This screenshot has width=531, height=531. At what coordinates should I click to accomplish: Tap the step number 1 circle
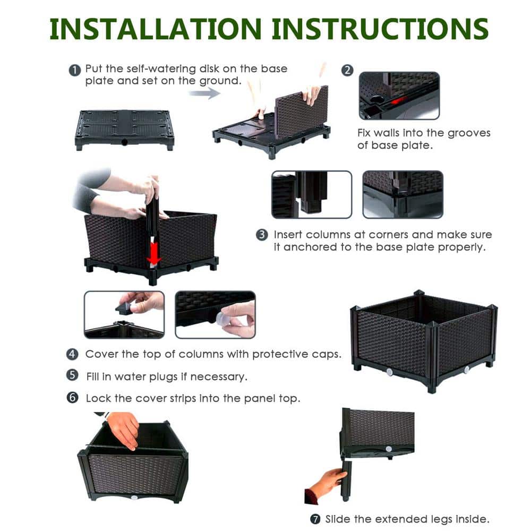pos(75,70)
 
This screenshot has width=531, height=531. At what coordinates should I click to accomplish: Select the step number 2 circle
pos(347,70)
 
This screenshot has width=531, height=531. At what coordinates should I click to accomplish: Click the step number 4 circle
pos(73,354)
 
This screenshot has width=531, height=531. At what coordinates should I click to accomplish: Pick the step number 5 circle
pos(73,375)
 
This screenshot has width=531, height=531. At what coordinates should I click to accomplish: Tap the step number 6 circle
pos(73,398)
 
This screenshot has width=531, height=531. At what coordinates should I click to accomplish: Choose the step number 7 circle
pos(315,518)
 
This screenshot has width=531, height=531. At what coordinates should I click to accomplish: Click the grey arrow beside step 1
pos(204,94)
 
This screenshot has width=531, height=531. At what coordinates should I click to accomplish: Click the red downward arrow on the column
pos(153,254)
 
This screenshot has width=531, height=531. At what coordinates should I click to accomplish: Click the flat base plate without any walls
pos(124,128)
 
